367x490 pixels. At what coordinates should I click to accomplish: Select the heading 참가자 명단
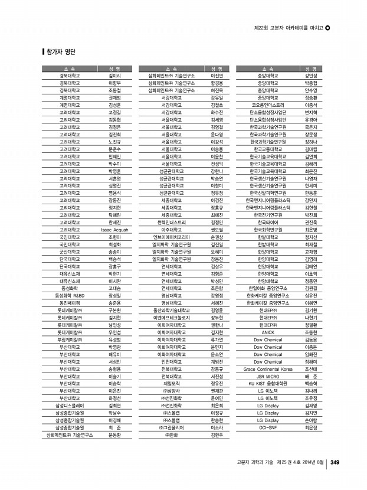click(61, 51)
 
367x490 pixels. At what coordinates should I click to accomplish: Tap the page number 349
click(333, 462)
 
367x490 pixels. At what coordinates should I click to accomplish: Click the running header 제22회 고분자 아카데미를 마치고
click(288, 28)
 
